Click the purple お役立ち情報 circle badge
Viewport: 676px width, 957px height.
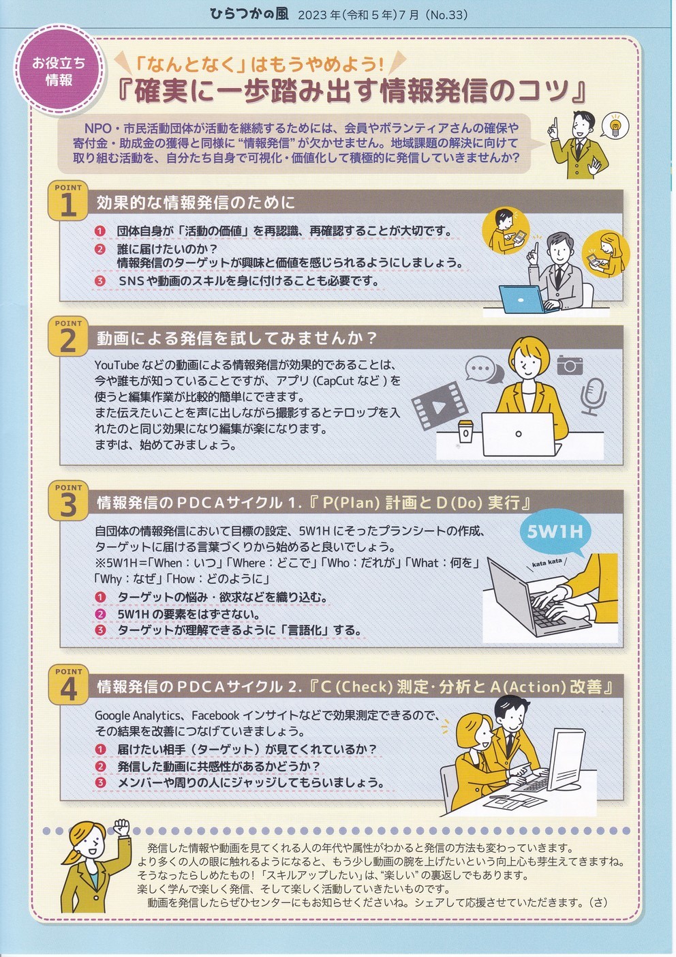point(59,71)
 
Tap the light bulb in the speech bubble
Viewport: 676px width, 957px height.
point(615,126)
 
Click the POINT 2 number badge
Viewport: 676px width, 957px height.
point(68,337)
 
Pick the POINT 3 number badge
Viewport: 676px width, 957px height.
point(68,501)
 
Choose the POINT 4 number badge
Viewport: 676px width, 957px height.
point(68,685)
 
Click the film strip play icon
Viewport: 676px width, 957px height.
point(437,405)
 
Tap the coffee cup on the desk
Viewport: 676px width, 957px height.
point(465,432)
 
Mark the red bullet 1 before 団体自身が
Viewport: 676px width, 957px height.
point(100,231)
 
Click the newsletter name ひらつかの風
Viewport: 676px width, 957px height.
point(249,14)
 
